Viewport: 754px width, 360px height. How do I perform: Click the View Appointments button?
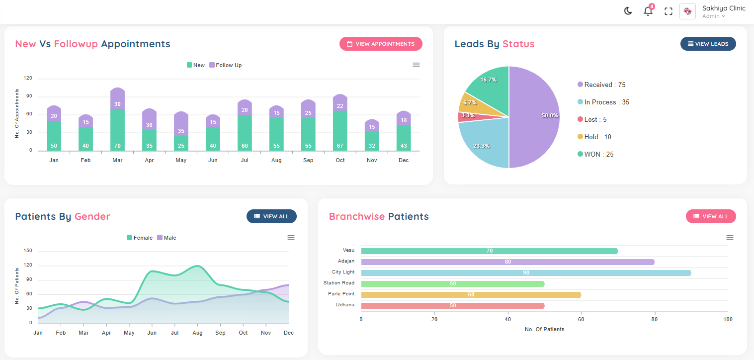click(x=381, y=44)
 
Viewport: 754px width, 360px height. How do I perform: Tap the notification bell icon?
click(x=648, y=11)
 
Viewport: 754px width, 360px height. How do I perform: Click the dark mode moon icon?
click(x=628, y=11)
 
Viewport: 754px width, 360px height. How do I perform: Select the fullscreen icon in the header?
click(x=669, y=11)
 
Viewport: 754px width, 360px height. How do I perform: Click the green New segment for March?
click(x=117, y=129)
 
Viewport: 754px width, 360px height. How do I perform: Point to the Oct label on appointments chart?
click(x=340, y=160)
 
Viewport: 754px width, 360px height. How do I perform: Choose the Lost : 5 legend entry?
click(x=592, y=119)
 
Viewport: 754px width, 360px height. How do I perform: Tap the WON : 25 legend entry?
click(x=595, y=154)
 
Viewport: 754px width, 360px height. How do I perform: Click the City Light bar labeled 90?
click(x=526, y=273)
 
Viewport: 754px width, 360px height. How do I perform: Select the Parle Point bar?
click(x=471, y=295)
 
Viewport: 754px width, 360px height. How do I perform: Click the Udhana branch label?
click(x=345, y=304)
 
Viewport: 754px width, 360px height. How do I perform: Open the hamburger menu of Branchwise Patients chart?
click(x=730, y=238)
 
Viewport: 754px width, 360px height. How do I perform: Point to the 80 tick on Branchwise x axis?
click(x=654, y=319)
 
